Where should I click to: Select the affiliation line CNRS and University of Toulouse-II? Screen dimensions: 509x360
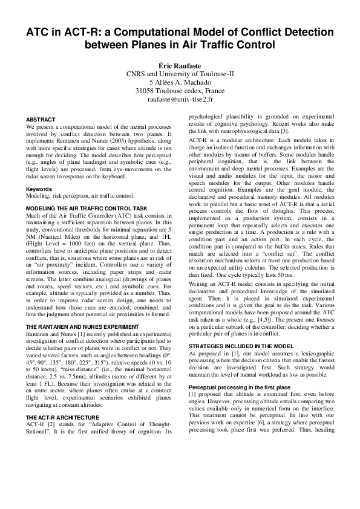180,73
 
